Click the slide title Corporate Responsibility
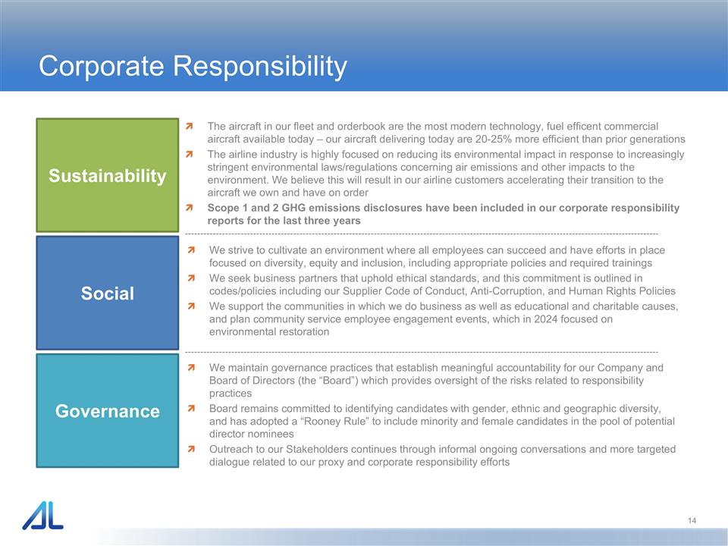[193, 67]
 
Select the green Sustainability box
[107, 176]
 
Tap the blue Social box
[107, 293]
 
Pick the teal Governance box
[107, 411]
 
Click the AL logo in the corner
[42, 516]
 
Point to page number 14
[692, 520]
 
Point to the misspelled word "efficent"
[538, 126]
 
